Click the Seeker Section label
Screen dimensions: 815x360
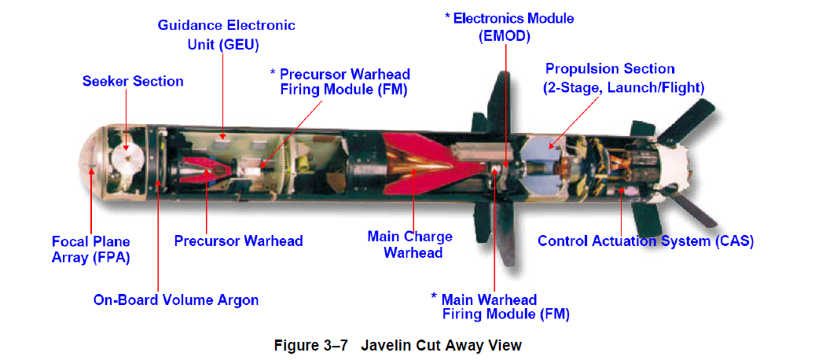[133, 81]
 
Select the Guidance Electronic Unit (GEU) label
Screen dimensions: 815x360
[226, 35]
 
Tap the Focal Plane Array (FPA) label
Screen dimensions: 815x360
[91, 248]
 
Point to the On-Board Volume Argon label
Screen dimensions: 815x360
[176, 299]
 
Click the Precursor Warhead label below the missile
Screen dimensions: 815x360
[238, 241]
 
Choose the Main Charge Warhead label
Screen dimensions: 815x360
[409, 244]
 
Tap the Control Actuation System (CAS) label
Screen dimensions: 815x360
[645, 241]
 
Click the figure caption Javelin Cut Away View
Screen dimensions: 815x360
[397, 345]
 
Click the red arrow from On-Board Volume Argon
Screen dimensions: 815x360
[159, 236]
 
